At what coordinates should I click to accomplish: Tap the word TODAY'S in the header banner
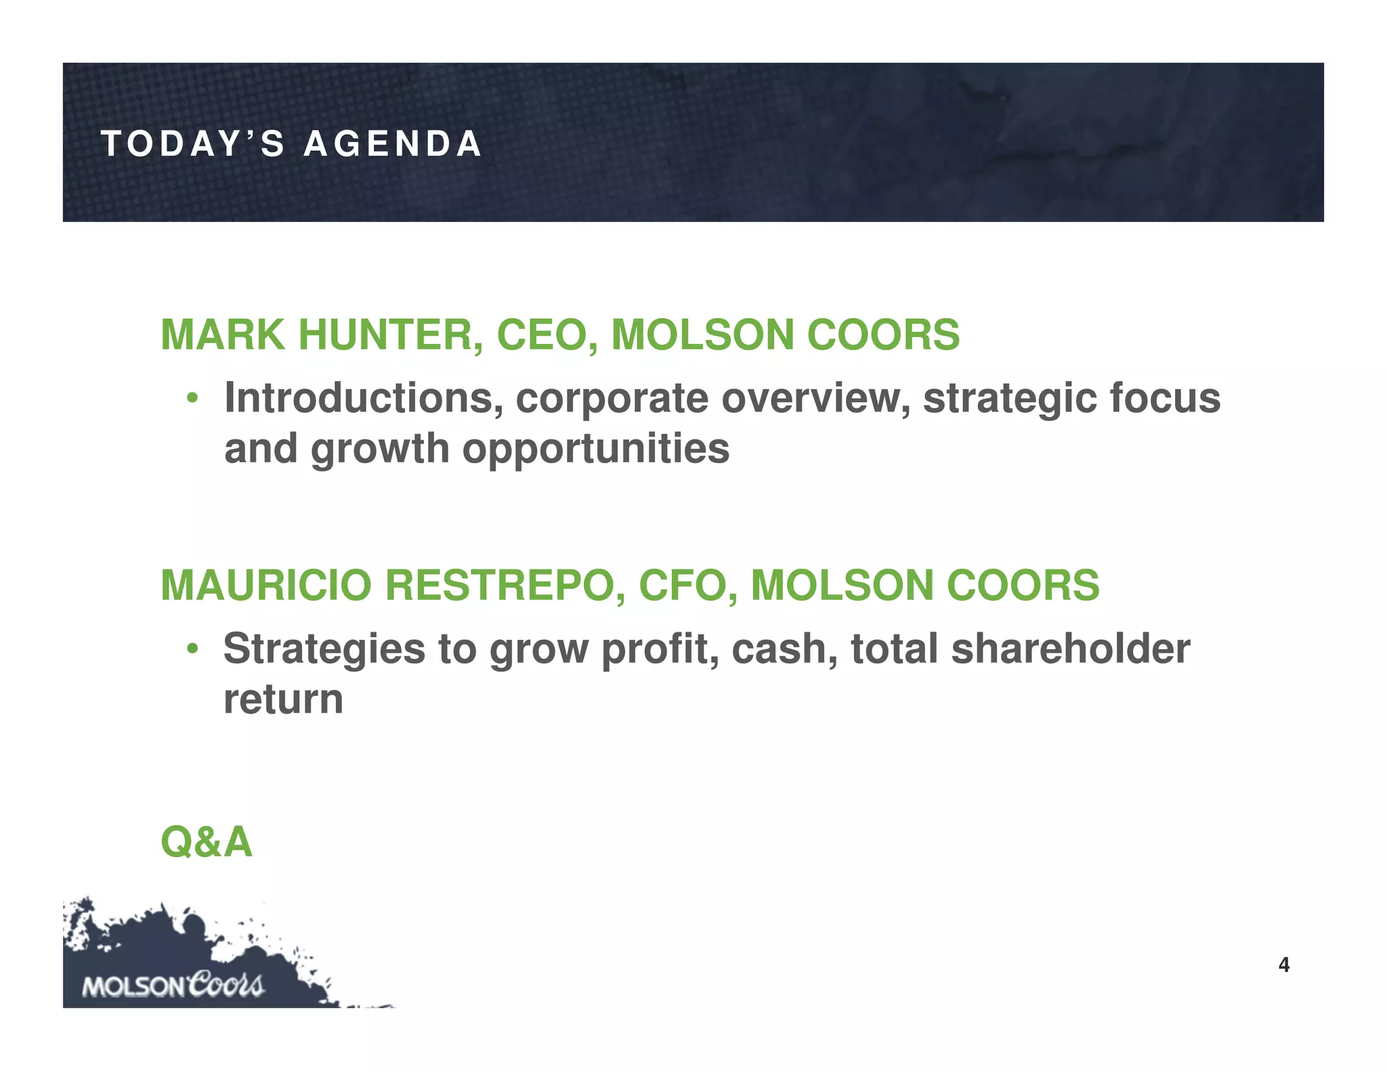point(193,144)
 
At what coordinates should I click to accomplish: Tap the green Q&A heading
point(207,842)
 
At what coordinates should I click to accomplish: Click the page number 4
point(1283,965)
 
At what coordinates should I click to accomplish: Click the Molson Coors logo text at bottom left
point(173,985)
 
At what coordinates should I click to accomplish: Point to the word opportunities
point(595,449)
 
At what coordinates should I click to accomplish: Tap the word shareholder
point(1070,649)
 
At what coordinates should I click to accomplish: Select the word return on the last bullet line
point(283,700)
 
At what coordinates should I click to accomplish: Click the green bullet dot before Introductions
point(193,399)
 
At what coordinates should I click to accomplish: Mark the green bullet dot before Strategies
point(193,649)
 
